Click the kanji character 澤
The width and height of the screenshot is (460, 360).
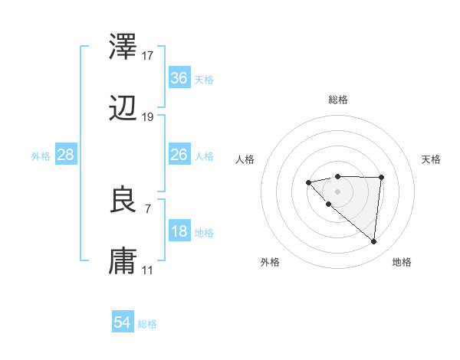(x=124, y=47)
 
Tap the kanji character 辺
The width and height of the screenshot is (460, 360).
(x=124, y=109)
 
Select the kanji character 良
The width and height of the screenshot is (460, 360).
(x=124, y=200)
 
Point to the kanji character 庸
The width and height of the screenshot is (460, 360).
(x=124, y=261)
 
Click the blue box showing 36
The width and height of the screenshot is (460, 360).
(x=179, y=78)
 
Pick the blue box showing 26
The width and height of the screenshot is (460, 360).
(x=179, y=155)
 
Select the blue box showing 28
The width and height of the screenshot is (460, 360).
(x=66, y=155)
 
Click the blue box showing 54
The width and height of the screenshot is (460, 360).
(x=123, y=322)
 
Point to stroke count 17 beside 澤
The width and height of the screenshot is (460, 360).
(x=148, y=55)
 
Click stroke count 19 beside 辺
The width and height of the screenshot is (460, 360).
(x=148, y=117)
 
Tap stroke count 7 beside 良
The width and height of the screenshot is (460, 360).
(x=148, y=208)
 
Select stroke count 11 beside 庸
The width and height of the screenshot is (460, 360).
(x=148, y=270)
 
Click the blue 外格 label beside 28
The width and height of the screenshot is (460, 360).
(x=41, y=155)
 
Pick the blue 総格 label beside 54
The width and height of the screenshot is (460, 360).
(x=147, y=324)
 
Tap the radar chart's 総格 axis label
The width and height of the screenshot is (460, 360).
(x=338, y=100)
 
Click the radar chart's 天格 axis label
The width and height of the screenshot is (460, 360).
(x=432, y=159)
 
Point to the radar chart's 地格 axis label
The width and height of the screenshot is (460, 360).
(x=402, y=263)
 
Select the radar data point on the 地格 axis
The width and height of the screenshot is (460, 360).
(x=374, y=242)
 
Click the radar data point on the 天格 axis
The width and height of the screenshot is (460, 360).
(x=382, y=178)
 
